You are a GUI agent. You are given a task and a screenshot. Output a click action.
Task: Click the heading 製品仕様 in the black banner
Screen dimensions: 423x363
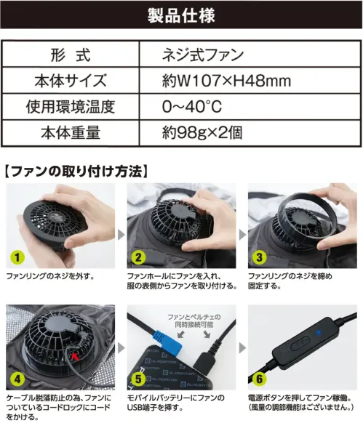click(181, 15)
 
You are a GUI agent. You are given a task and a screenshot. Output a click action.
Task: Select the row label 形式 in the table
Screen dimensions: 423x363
click(70, 55)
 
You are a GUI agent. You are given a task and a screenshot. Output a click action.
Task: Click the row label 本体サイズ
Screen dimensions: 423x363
click(70, 81)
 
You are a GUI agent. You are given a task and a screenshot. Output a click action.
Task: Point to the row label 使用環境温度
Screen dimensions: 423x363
click(70, 106)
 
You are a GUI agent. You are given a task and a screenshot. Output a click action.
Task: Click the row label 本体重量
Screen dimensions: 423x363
click(70, 132)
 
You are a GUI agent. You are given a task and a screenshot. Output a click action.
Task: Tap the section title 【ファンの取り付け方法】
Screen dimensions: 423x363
click(76, 172)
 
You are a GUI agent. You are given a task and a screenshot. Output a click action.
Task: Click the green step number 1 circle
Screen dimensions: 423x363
click(15, 257)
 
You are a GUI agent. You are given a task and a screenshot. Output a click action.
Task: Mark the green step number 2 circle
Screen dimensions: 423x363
click(137, 257)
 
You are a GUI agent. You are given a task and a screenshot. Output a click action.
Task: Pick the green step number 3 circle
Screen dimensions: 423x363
click(258, 257)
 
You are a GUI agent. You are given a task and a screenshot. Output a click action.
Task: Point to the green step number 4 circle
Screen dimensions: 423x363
click(15, 378)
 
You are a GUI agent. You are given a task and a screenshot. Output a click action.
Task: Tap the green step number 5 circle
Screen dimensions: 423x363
click(137, 378)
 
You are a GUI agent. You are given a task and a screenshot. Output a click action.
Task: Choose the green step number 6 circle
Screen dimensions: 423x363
click(258, 378)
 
